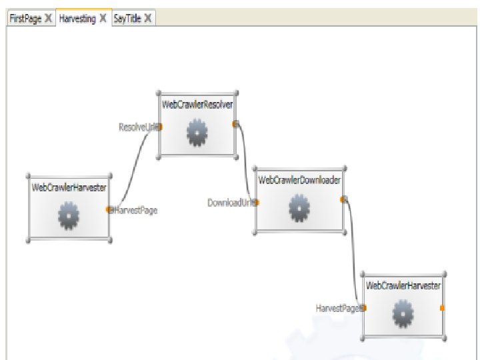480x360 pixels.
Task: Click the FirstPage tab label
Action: [25, 19]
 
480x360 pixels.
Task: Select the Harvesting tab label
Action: [77, 19]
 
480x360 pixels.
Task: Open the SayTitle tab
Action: [127, 19]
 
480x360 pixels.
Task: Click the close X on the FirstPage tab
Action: [48, 19]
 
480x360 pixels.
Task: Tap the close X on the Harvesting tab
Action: [103, 19]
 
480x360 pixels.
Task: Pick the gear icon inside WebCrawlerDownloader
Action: [299, 210]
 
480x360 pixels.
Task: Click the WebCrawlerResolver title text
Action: [197, 105]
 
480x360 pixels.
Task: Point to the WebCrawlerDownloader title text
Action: [299, 180]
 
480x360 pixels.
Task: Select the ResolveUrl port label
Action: [137, 127]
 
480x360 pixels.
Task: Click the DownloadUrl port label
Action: [230, 202]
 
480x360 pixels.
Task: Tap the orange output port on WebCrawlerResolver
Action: [235, 123]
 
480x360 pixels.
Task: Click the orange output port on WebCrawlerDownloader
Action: [343, 199]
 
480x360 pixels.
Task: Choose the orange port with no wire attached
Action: [442, 307]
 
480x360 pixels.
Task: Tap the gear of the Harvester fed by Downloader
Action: [403, 315]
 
